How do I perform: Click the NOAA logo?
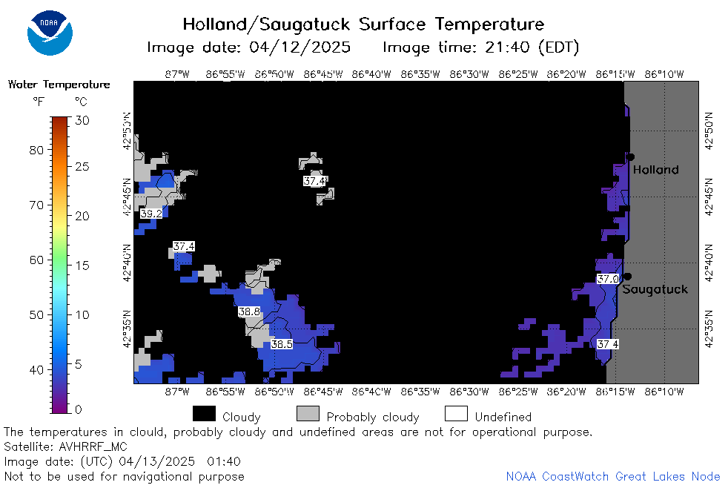[50, 33]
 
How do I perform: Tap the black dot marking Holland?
[630, 157]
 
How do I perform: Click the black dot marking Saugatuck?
[627, 277]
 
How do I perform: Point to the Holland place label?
[655, 170]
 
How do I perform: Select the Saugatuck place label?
[655, 289]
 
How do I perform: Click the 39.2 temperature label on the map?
[151, 214]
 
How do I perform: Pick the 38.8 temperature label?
[249, 311]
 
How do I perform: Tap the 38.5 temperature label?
[282, 344]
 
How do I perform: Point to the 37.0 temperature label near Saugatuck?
[608, 279]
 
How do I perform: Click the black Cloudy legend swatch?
[205, 414]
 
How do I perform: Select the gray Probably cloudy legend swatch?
[308, 414]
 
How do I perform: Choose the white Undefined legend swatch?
[457, 414]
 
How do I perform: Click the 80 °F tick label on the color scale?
[36, 150]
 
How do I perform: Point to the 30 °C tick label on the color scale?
[82, 120]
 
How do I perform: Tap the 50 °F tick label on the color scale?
[36, 314]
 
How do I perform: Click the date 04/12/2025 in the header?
[300, 47]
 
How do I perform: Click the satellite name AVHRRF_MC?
[93, 446]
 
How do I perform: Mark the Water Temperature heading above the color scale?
[59, 85]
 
